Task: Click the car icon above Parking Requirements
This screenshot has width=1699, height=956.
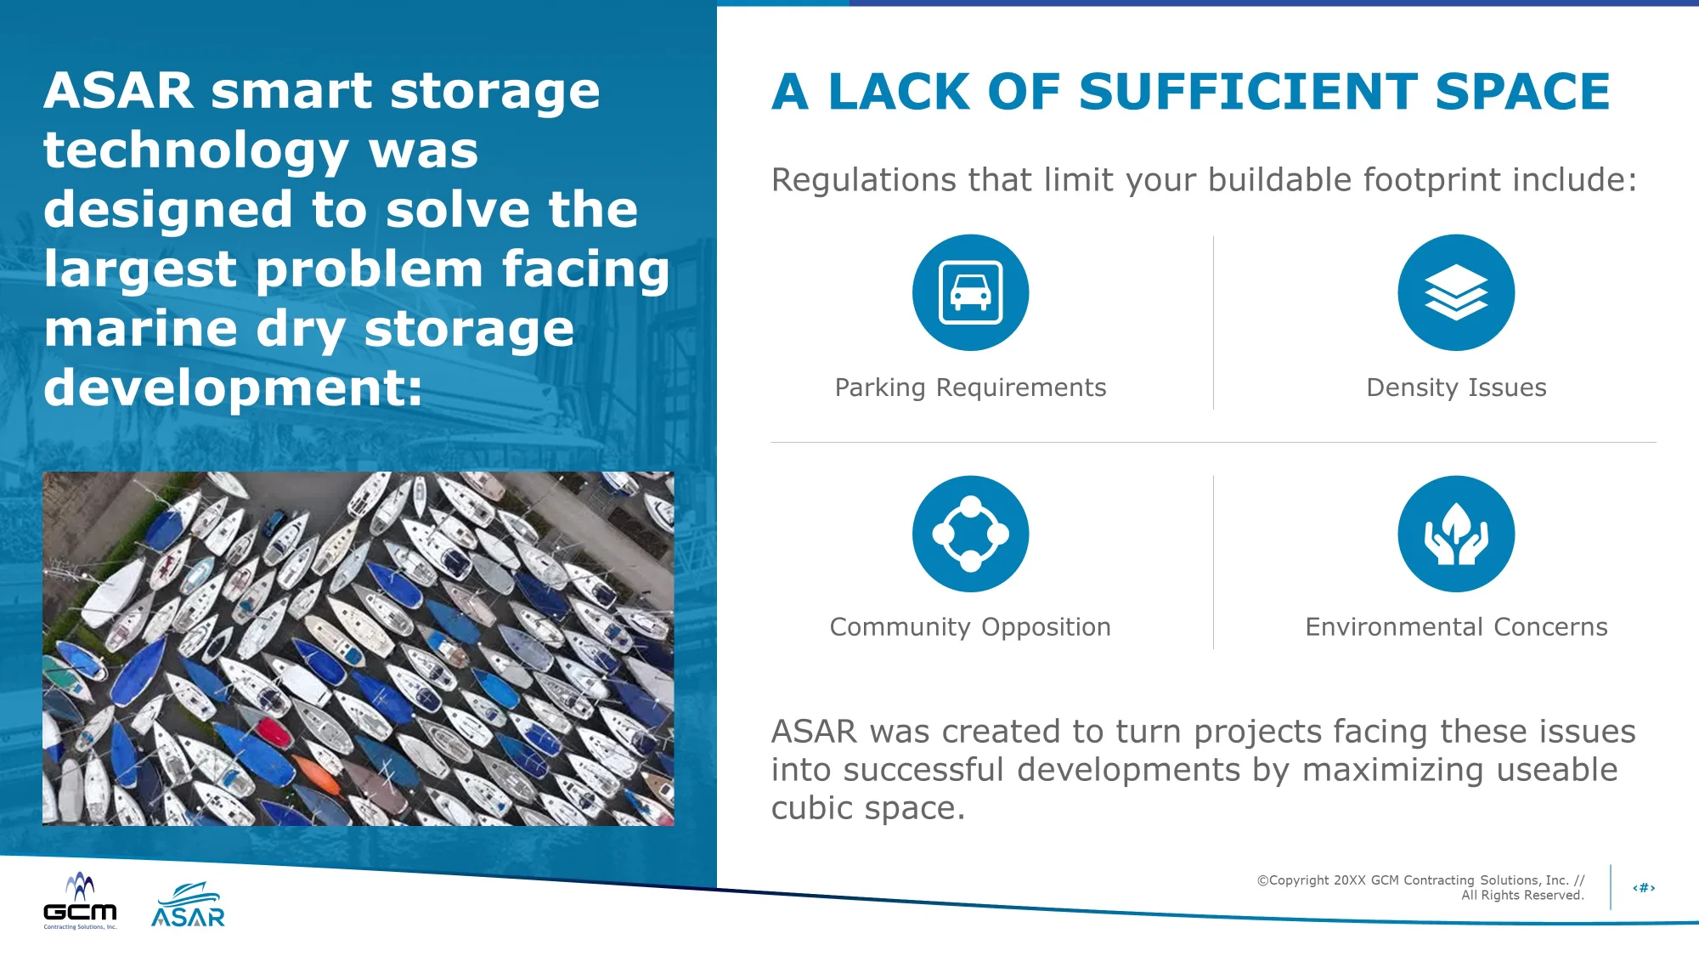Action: (x=971, y=292)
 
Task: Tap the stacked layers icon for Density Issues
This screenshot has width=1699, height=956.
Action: (x=1456, y=292)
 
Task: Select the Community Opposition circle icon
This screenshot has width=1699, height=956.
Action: (x=971, y=534)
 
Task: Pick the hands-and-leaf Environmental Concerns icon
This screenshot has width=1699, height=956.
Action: (x=1456, y=534)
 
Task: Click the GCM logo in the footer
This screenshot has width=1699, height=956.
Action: (x=80, y=901)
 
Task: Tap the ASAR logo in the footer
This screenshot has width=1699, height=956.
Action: (x=188, y=904)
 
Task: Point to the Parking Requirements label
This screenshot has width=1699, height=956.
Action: (x=971, y=387)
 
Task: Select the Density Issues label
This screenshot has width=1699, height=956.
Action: (x=1456, y=387)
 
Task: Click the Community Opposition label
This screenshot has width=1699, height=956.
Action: (x=971, y=627)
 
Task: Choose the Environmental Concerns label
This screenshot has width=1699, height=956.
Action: (x=1456, y=627)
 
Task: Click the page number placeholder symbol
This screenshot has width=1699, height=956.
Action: (x=1644, y=888)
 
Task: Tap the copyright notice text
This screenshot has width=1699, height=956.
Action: (x=1420, y=887)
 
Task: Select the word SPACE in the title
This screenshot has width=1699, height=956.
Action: (x=1522, y=92)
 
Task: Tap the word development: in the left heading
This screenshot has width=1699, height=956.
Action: (x=234, y=387)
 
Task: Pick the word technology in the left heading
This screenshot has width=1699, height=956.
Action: (x=196, y=151)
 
